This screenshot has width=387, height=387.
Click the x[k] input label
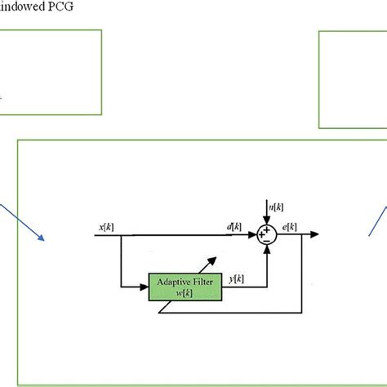click(106, 226)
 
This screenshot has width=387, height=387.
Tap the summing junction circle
click(267, 235)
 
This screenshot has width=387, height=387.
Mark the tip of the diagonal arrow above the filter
click(219, 256)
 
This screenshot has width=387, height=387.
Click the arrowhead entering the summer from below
click(267, 250)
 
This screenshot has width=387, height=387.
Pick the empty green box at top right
click(353, 79)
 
